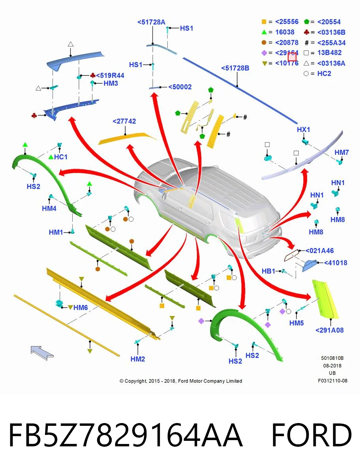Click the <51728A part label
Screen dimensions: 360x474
click(151, 22)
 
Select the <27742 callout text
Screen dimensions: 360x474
click(124, 121)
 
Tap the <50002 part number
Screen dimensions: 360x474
click(180, 87)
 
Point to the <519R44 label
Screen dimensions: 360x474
click(110, 75)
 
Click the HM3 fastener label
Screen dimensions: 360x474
click(111, 83)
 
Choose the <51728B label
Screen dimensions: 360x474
click(235, 68)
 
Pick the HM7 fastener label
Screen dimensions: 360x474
click(342, 152)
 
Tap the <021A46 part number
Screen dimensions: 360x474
click(320, 250)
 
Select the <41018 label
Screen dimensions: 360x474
click(336, 263)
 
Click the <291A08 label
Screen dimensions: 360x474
click(330, 330)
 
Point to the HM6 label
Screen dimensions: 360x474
click(81, 307)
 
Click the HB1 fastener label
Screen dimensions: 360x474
click(268, 271)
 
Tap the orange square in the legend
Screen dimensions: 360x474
click(264, 22)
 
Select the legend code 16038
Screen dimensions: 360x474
click(285, 32)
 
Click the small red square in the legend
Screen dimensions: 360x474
click(292, 57)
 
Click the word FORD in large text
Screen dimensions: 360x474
click(311, 435)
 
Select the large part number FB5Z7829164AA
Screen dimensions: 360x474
click(126, 435)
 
